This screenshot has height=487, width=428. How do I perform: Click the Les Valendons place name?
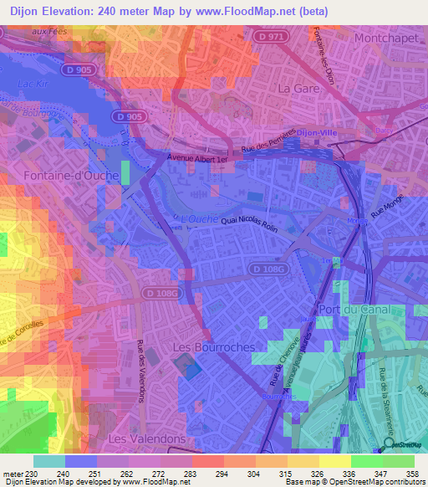coord(147,438)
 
